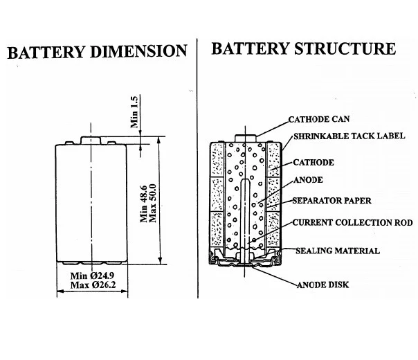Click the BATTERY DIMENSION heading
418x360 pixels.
click(97, 51)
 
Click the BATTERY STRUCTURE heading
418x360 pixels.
click(304, 49)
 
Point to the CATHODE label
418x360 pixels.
click(313, 163)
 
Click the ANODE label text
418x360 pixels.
click(309, 181)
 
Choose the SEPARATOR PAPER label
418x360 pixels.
click(331, 201)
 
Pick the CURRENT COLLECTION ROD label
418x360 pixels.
click(352, 223)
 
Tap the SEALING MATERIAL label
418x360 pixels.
click(337, 251)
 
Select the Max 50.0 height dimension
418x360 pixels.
click(153, 201)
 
